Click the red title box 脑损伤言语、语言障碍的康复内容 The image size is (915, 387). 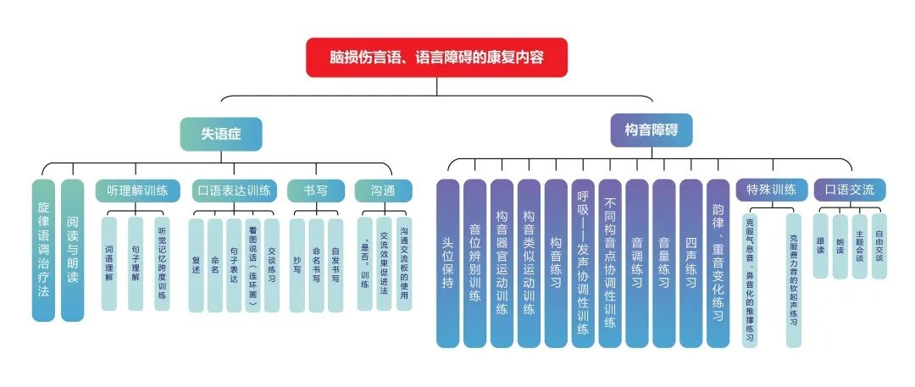pyautogui.click(x=436, y=58)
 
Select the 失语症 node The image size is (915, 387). pyautogui.click(x=220, y=134)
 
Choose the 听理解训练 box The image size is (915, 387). pyautogui.click(x=136, y=191)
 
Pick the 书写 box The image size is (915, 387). pyautogui.click(x=316, y=191)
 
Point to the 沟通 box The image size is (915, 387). pyautogui.click(x=384, y=191)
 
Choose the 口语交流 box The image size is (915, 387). pyautogui.click(x=849, y=190)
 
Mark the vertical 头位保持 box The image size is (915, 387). pyautogui.click(x=447, y=263)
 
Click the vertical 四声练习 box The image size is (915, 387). pyautogui.click(x=690, y=263)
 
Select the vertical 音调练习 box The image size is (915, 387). pyautogui.click(x=636, y=263)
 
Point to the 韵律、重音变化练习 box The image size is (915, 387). pyautogui.click(x=718, y=263)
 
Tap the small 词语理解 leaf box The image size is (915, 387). pyautogui.click(x=109, y=263)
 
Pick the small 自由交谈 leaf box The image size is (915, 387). pyautogui.click(x=879, y=246)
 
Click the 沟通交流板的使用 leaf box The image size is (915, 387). pyautogui.click(x=404, y=263)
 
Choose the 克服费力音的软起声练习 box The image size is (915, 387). pyautogui.click(x=793, y=279)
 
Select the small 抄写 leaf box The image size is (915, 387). pyautogui.click(x=297, y=263)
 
